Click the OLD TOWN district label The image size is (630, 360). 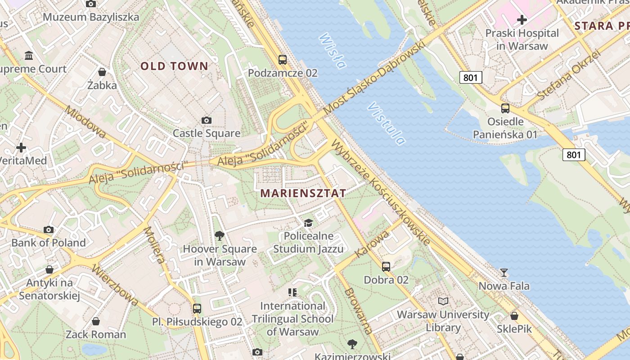[174, 66]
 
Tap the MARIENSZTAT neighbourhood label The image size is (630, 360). [303, 193]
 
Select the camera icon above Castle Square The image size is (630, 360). [207, 120]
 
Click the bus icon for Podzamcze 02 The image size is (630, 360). [283, 59]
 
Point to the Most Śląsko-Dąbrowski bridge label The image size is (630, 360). [374, 78]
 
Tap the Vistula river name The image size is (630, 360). [386, 123]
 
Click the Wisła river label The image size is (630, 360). [333, 50]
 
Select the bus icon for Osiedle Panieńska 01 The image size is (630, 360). [505, 108]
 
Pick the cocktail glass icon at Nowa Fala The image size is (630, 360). [504, 273]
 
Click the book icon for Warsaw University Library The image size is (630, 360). [443, 301]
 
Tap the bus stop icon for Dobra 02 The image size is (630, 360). [386, 266]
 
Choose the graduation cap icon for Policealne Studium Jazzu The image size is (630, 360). [308, 223]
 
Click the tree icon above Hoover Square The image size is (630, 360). [220, 235]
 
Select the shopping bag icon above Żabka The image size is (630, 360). [102, 72]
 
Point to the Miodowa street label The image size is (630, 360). [85, 122]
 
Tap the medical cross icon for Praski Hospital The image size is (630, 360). [522, 20]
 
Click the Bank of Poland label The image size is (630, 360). [49, 243]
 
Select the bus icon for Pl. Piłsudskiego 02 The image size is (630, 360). [197, 309]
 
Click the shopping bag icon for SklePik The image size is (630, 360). [514, 316]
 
